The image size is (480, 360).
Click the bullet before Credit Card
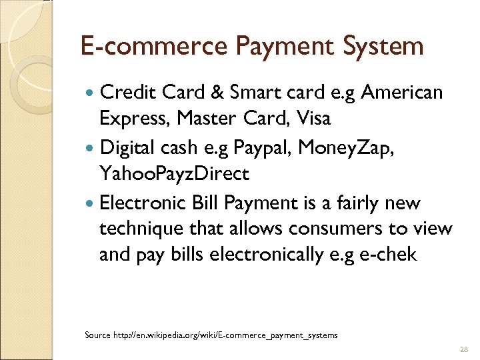point(91,92)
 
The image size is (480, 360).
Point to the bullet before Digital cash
point(91,147)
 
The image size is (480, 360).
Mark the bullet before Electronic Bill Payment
point(91,202)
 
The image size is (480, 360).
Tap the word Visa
point(315,119)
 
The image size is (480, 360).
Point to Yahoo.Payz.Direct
point(174,175)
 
